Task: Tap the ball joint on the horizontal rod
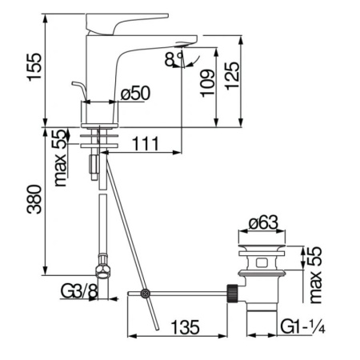click(144, 294)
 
